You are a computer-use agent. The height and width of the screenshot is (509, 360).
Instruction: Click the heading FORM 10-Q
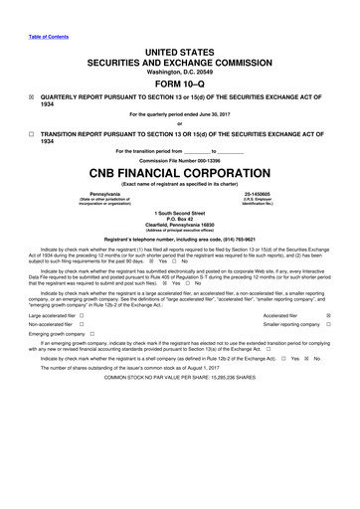coord(179,83)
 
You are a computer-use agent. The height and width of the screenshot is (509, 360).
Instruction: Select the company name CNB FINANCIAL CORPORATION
coord(179,171)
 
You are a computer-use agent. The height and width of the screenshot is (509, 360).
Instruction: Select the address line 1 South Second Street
coord(179,213)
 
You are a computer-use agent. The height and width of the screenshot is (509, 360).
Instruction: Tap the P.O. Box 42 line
coord(179,219)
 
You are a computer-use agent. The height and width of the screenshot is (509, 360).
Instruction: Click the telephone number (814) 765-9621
coord(231,239)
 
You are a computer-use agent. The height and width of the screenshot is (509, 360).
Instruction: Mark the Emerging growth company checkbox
coord(91,362)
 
